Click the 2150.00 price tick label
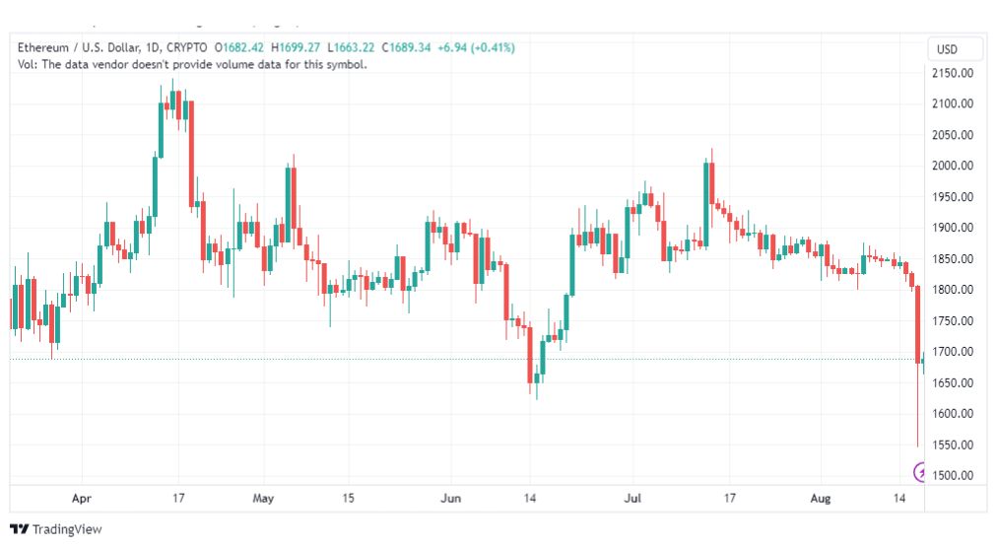pyautogui.click(x=953, y=73)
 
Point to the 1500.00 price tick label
pyautogui.click(x=953, y=475)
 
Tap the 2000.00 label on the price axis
pyautogui.click(x=953, y=166)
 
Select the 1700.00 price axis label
pyautogui.click(x=953, y=351)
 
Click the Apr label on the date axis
pyautogui.click(x=82, y=498)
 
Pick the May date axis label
pyautogui.click(x=263, y=498)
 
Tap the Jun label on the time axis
pyautogui.click(x=451, y=498)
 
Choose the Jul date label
pyautogui.click(x=632, y=498)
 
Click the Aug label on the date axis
pyautogui.click(x=821, y=498)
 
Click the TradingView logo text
pyautogui.click(x=67, y=529)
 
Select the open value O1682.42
pyautogui.click(x=239, y=47)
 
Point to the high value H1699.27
pyautogui.click(x=296, y=47)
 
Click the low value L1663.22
pyautogui.click(x=351, y=47)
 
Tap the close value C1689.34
pyautogui.click(x=406, y=47)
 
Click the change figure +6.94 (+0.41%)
pyautogui.click(x=476, y=47)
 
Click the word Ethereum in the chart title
pyautogui.click(x=42, y=47)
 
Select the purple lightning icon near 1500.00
pyautogui.click(x=919, y=472)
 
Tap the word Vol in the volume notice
pyautogui.click(x=26, y=64)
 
